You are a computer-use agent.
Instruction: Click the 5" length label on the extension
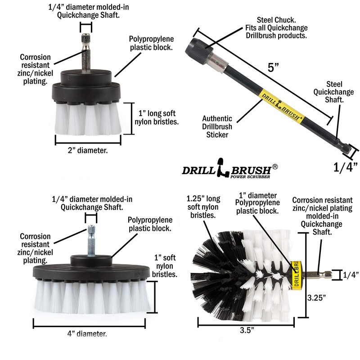click(x=274, y=68)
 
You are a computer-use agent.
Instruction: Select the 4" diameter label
click(x=89, y=333)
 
